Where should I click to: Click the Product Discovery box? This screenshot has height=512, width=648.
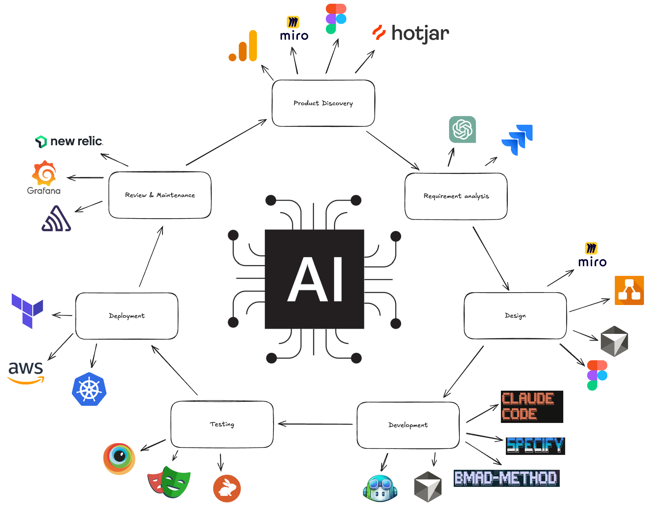pyautogui.click(x=323, y=103)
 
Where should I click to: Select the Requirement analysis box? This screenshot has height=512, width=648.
pyautogui.click(x=456, y=196)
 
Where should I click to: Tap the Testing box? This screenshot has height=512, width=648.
pyautogui.click(x=222, y=424)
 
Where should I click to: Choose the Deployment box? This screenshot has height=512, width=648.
pyautogui.click(x=127, y=316)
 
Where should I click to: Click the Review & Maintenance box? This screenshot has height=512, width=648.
pyautogui.click(x=160, y=195)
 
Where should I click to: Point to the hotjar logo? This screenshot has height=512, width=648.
pyautogui.click(x=411, y=34)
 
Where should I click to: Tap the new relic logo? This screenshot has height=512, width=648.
pyautogui.click(x=69, y=141)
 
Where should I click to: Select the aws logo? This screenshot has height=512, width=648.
pyautogui.click(x=26, y=372)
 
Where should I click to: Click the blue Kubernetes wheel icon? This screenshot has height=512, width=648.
pyautogui.click(x=89, y=389)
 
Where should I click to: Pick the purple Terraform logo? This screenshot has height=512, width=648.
pyautogui.click(x=27, y=310)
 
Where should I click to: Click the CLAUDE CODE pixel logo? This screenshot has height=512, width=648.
pyautogui.click(x=532, y=406)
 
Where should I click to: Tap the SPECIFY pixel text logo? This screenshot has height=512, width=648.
pyautogui.click(x=535, y=446)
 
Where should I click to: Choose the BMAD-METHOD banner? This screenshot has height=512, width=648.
pyautogui.click(x=506, y=478)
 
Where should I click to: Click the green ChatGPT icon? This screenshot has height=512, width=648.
pyautogui.click(x=462, y=129)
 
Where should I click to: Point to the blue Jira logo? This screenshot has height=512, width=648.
pyautogui.click(x=517, y=140)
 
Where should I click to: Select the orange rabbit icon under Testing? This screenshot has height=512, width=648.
pyautogui.click(x=227, y=488)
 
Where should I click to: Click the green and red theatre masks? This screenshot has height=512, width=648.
pyautogui.click(x=169, y=482)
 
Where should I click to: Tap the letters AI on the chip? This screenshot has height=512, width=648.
pyautogui.click(x=314, y=279)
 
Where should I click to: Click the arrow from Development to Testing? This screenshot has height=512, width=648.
pyautogui.click(x=315, y=424)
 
